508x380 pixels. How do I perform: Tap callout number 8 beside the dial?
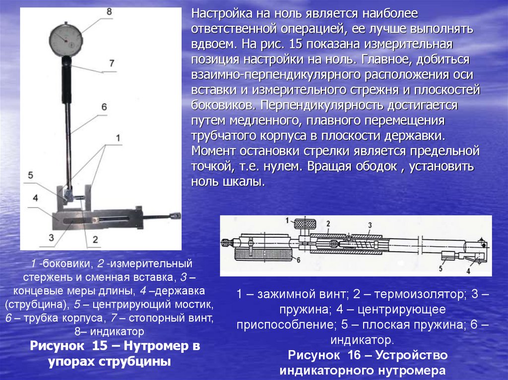tap(109, 12)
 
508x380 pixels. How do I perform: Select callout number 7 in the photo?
tap(112, 63)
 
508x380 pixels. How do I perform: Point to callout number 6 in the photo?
tap(104, 107)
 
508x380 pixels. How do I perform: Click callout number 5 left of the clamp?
tap(30, 175)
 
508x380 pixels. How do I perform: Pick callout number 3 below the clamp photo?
tap(51, 237)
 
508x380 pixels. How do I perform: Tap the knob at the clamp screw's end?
tap(175, 215)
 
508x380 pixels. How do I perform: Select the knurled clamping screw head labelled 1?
tap(305, 223)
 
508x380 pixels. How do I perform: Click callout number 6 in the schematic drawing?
tap(298, 260)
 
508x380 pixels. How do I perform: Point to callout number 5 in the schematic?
tap(441, 269)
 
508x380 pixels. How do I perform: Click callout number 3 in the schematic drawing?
tap(370, 225)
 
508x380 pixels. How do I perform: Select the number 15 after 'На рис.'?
tap(295, 44)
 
